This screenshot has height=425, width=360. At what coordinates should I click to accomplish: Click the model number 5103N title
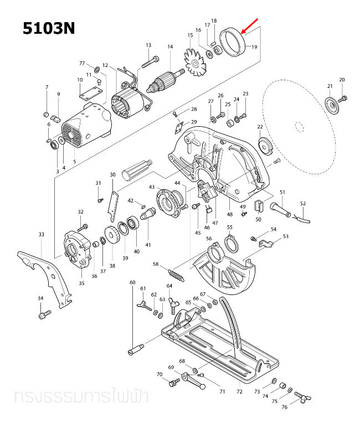pos(49,28)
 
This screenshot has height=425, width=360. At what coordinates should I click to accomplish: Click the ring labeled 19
pos(233,43)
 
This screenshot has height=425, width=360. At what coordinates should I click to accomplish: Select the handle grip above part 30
pos(135,169)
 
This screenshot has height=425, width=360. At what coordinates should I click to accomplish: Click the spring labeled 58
pos(174,273)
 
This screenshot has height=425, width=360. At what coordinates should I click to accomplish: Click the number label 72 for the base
pos(239,392)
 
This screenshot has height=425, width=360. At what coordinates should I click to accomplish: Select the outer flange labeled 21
pos(332,105)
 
